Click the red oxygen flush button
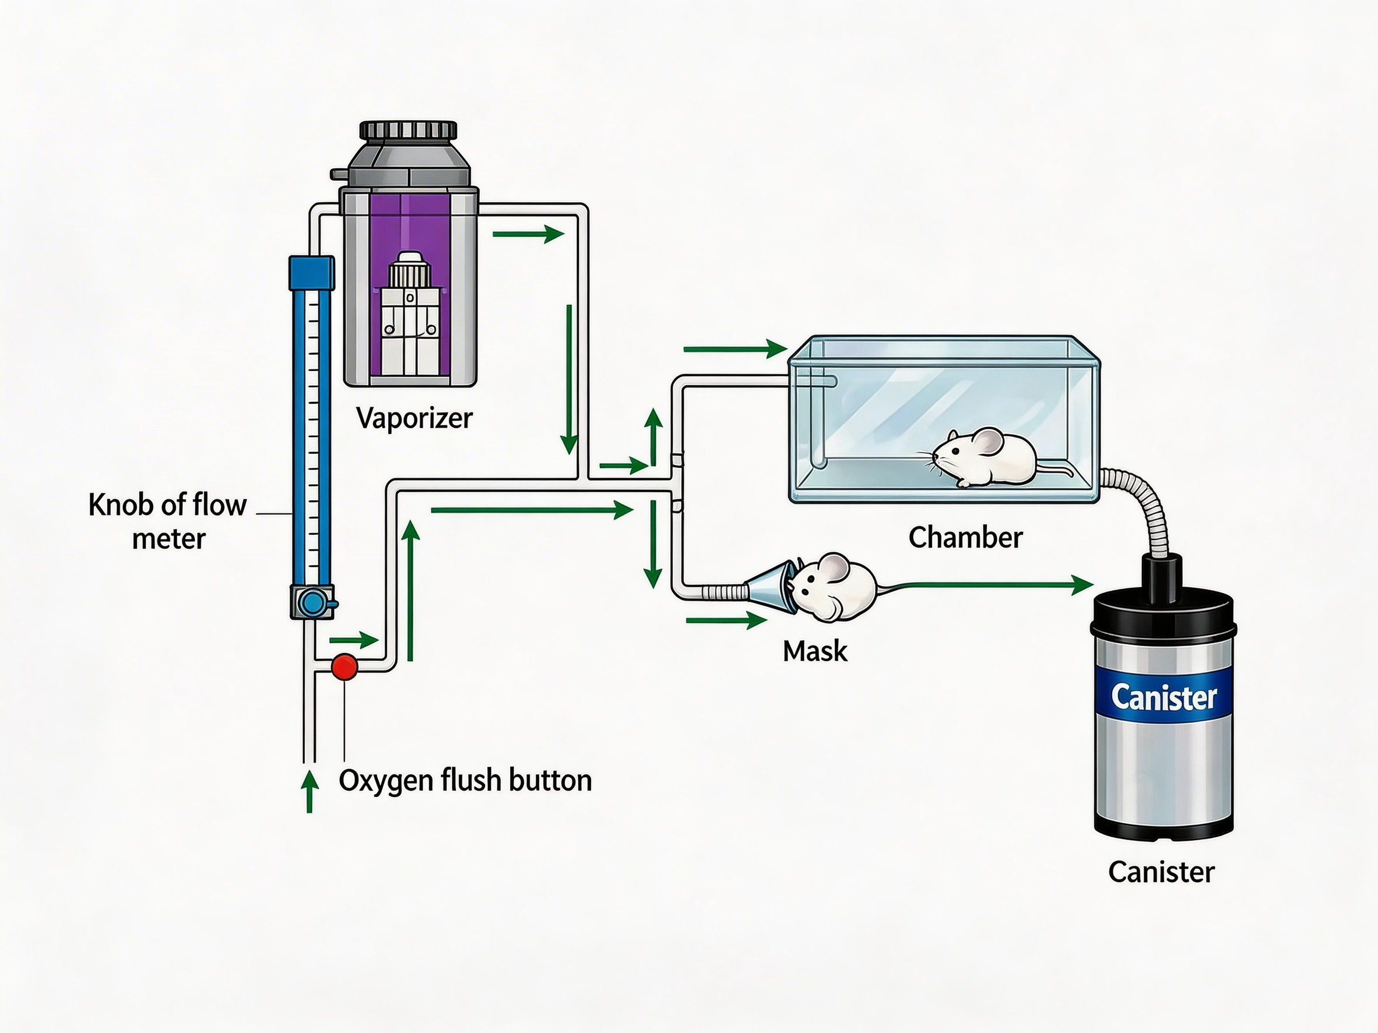[344, 667]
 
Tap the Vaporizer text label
[414, 418]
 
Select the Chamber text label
[965, 537]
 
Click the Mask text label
[815, 651]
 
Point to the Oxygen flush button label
[465, 780]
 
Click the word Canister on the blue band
[1163, 697]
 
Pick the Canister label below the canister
[1161, 872]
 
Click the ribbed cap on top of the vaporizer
[408, 130]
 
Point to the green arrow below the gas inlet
[309, 791]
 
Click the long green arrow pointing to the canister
[990, 585]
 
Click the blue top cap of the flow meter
[311, 273]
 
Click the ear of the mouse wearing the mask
[834, 567]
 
